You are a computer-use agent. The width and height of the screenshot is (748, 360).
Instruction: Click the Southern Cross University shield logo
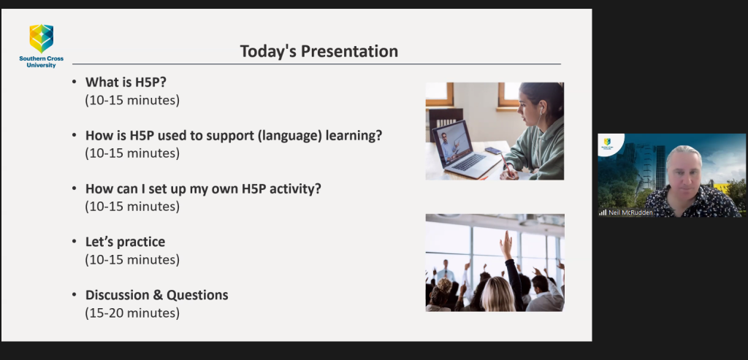tap(42, 39)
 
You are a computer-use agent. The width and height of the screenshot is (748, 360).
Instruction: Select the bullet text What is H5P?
tap(126, 83)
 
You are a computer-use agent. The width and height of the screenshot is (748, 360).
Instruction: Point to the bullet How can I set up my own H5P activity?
tap(203, 189)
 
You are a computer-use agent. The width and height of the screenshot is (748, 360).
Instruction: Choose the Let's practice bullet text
tap(126, 242)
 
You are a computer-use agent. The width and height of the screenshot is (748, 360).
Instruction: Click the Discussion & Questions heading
tap(157, 295)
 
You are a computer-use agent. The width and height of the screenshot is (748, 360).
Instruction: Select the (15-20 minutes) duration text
tap(133, 313)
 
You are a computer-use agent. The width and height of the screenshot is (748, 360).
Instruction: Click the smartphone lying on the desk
tap(493, 150)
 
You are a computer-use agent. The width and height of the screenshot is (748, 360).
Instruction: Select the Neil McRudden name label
tap(630, 212)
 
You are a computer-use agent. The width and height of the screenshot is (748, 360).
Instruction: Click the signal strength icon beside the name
tap(603, 212)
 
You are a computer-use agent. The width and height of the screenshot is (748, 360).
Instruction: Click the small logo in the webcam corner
tap(607, 142)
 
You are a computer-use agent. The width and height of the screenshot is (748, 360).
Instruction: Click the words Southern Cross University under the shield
tap(42, 62)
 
